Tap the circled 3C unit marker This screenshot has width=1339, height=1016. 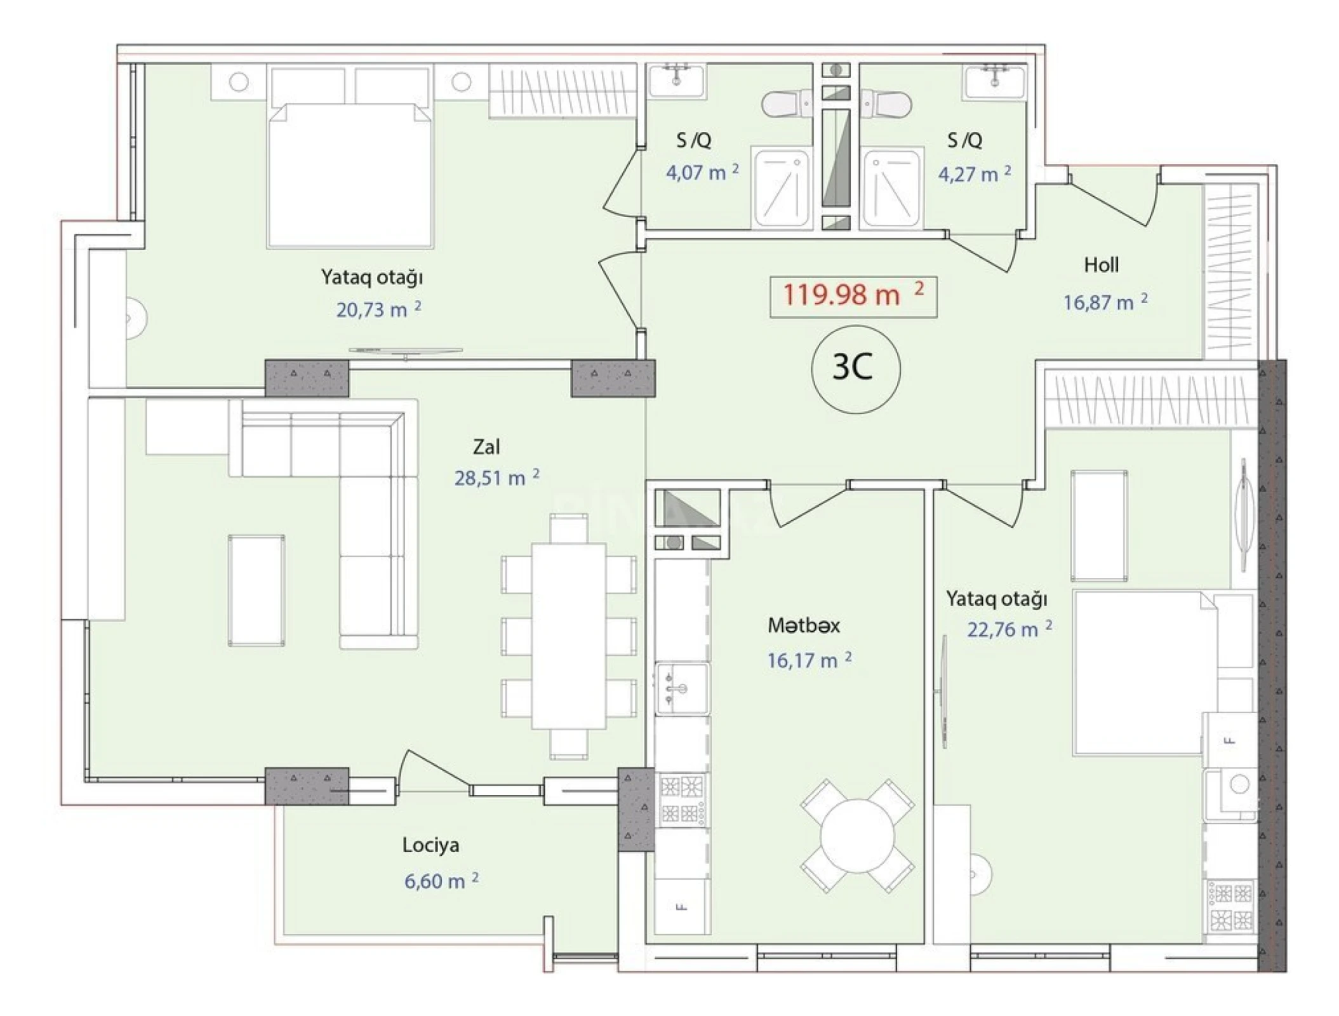click(855, 368)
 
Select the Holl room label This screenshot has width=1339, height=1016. click(1101, 265)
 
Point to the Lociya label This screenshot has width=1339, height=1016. click(430, 845)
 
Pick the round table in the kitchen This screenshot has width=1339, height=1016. click(857, 836)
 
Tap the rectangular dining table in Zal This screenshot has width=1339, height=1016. click(568, 636)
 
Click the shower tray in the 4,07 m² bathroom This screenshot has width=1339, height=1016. click(781, 187)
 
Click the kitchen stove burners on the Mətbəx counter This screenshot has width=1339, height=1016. click(683, 799)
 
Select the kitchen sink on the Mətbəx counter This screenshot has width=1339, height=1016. click(682, 689)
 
